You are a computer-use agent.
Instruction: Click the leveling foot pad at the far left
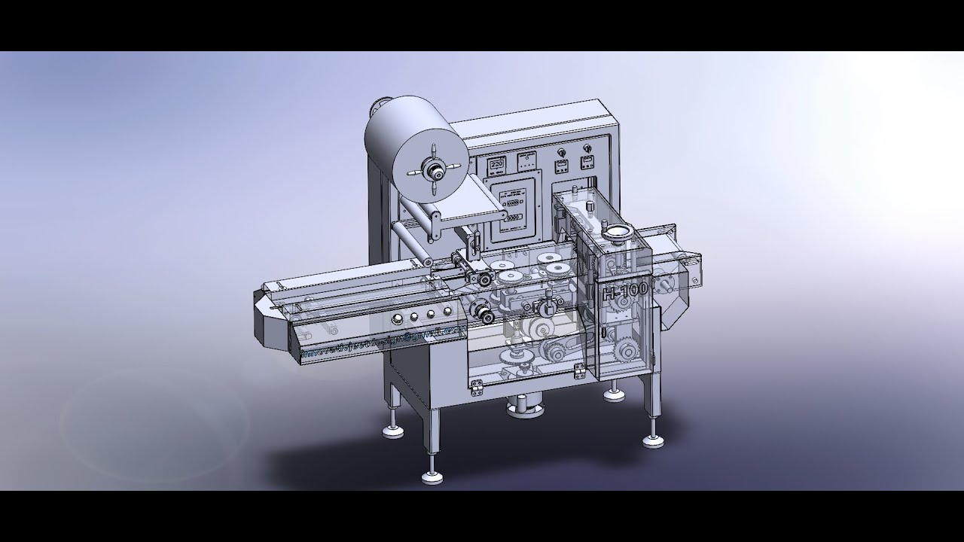[395, 431]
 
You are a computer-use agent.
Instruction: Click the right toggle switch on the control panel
[585, 160]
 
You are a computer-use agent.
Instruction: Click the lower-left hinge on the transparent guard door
[477, 386]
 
